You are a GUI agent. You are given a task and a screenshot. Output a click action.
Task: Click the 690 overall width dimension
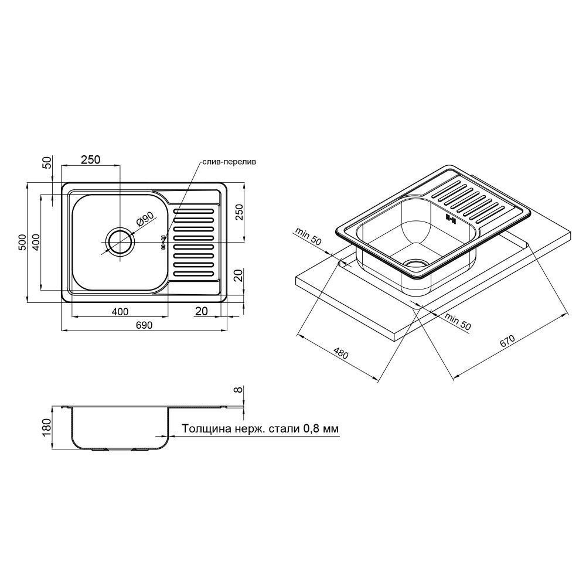[144, 325]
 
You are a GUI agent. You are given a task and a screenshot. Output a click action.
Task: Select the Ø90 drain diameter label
[145, 219]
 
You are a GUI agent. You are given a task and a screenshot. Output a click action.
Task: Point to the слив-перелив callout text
[230, 162]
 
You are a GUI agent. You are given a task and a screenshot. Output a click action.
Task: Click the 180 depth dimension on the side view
[47, 428]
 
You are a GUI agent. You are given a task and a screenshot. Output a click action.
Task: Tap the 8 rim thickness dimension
[238, 390]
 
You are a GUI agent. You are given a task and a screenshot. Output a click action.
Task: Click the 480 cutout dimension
[340, 353]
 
